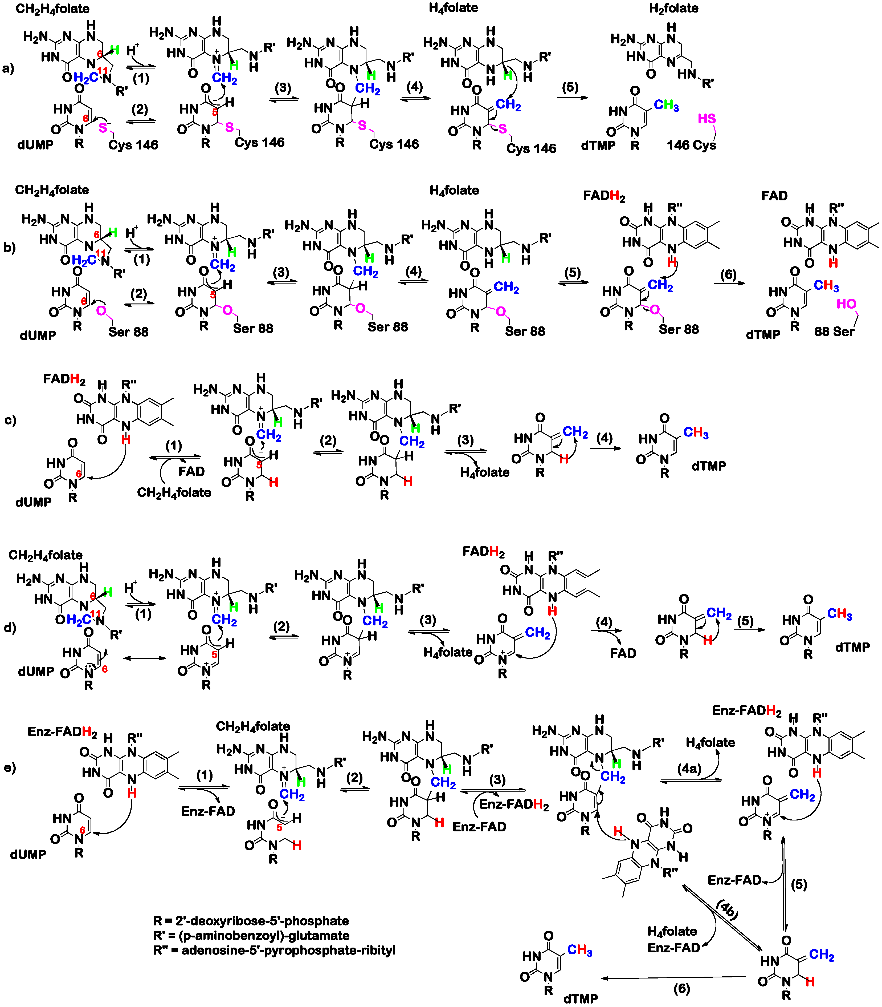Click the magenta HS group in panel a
[707, 119]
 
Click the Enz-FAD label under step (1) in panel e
[208, 811]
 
